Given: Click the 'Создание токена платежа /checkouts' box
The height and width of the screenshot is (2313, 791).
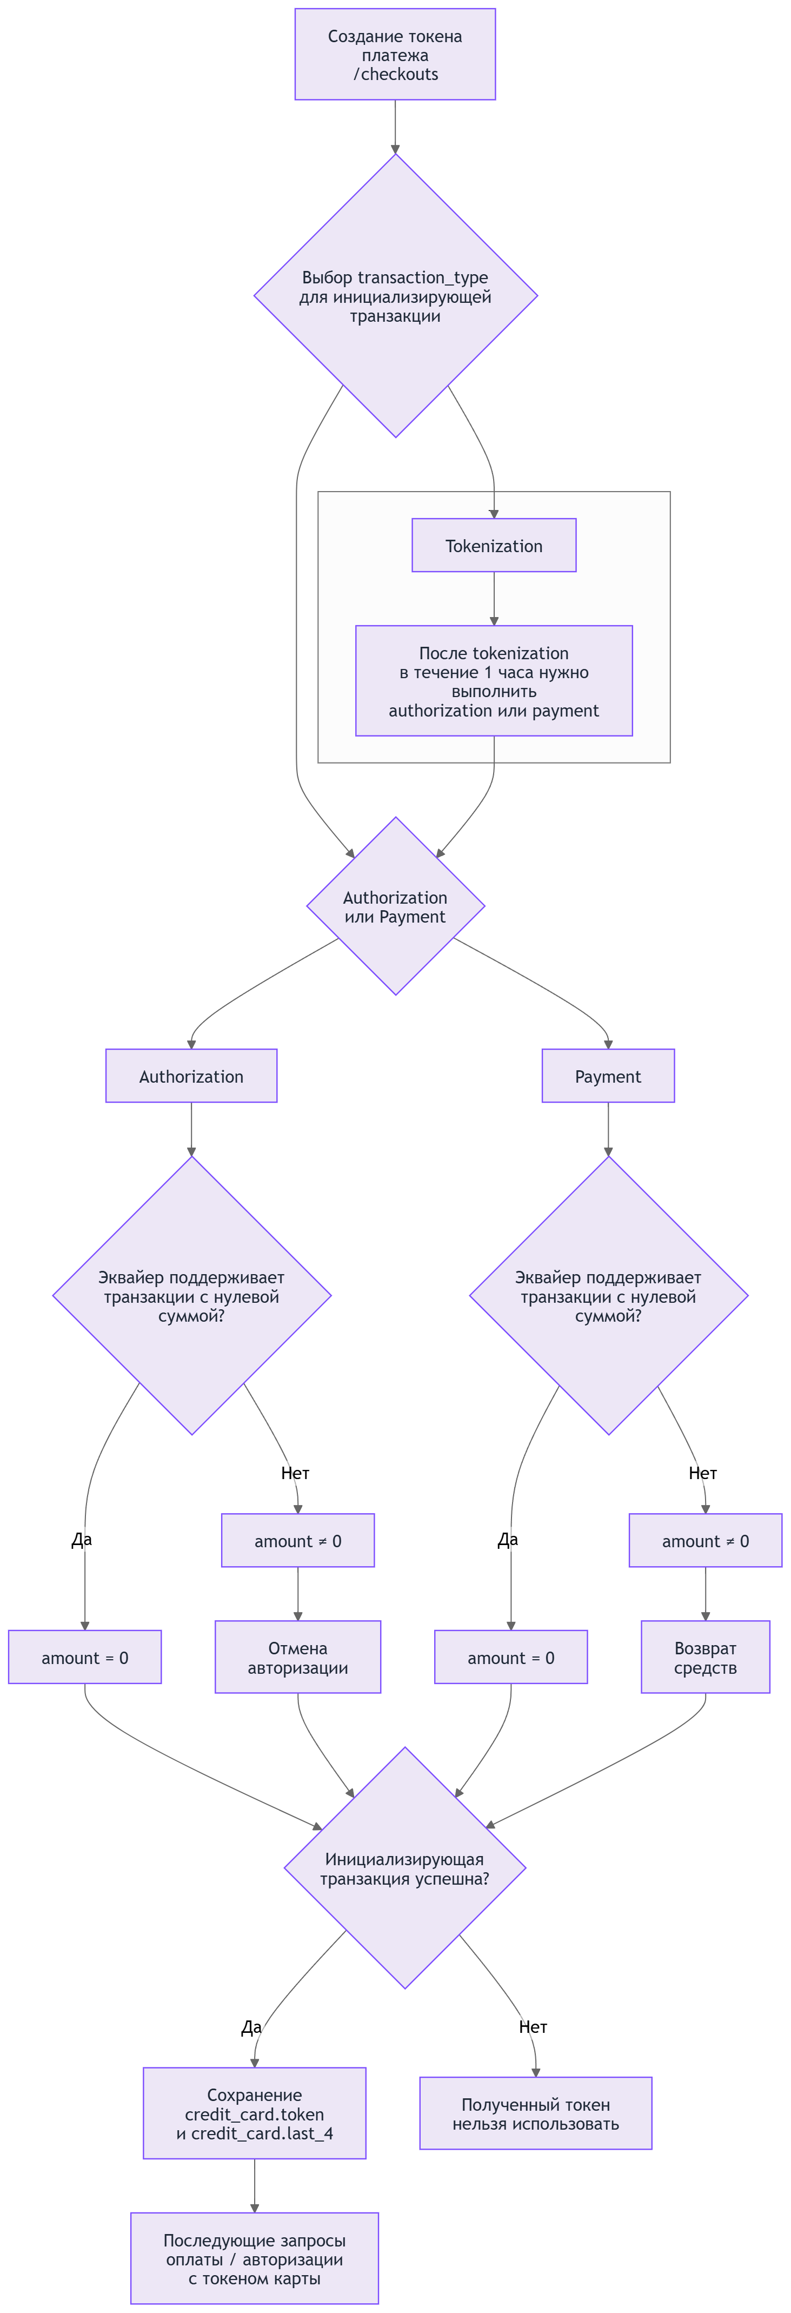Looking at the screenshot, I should (x=395, y=55).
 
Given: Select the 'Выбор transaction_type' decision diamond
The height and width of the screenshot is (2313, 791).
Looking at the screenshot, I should (x=395, y=296).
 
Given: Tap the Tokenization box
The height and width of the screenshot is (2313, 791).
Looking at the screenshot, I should (x=494, y=545).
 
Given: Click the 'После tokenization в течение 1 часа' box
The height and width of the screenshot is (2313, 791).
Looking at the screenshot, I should (x=494, y=681).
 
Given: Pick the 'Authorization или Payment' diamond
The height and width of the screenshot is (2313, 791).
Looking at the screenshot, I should (x=395, y=906).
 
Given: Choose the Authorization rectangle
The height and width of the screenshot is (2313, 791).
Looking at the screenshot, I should (x=191, y=1076).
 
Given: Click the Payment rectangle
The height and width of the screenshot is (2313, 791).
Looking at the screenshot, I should (x=608, y=1076).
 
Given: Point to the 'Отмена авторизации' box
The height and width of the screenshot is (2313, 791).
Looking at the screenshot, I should (x=298, y=1658).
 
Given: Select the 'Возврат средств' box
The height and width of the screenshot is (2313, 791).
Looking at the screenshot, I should (x=705, y=1658).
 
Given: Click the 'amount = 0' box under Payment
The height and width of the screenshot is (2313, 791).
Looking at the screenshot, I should (x=511, y=1658).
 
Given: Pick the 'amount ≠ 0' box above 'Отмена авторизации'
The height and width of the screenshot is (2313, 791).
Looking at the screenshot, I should (x=298, y=1541).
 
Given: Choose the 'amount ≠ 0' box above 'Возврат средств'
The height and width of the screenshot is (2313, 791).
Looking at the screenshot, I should (x=705, y=1541).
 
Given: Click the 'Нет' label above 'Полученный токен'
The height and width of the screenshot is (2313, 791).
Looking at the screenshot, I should (x=533, y=2026).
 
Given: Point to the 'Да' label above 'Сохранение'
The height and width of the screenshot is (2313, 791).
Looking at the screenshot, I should (x=251, y=2026).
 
